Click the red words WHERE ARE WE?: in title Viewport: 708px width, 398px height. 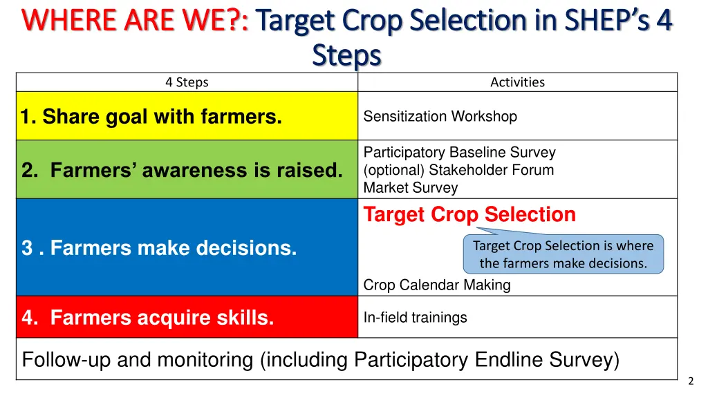point(135,20)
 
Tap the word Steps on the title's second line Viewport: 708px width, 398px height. point(346,55)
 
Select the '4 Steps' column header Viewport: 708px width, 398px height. point(187,82)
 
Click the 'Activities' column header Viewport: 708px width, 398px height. point(517,82)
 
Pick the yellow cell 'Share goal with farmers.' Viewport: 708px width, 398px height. point(187,116)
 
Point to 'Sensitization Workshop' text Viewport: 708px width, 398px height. point(440,116)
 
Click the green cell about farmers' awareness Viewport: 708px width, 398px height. point(187,170)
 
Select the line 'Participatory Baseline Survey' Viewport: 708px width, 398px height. point(460,153)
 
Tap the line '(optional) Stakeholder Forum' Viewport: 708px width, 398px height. point(459,170)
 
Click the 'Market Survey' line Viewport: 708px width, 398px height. point(411,188)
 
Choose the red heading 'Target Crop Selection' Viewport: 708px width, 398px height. point(469,215)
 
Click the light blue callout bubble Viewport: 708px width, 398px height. point(563,254)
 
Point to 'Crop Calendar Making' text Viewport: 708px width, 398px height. point(437,285)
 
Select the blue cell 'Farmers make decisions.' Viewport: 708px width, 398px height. point(187,247)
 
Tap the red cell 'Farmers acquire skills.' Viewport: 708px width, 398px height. point(187,316)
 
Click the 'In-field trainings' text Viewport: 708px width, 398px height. point(416,318)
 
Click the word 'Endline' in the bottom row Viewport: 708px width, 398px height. point(509,359)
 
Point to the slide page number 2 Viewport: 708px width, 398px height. point(691,381)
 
